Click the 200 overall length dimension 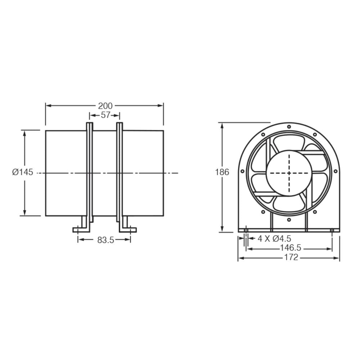pos(105,106)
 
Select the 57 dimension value pos(105,115)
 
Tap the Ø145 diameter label pos(22,172)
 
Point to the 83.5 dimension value pos(105,240)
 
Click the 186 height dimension pos(222,172)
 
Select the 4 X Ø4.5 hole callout pos(274,238)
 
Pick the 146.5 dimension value pos(290,248)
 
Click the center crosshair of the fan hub pos(289,173)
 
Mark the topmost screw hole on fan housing pos(289,127)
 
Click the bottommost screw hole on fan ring pos(289,220)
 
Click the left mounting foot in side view pos(81,228)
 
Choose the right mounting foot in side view pos(128,228)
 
